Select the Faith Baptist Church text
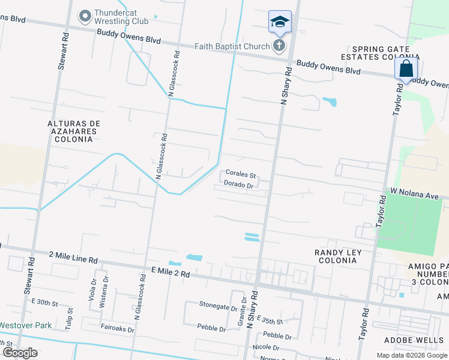coord(232,46)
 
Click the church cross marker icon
coord(279,46)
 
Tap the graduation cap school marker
coord(279,23)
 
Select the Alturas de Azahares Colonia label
coord(74,131)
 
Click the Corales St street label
coord(241,175)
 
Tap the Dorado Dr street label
coord(238,185)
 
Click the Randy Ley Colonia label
coord(338,257)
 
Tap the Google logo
coord(20,352)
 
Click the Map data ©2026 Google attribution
coord(411,355)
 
